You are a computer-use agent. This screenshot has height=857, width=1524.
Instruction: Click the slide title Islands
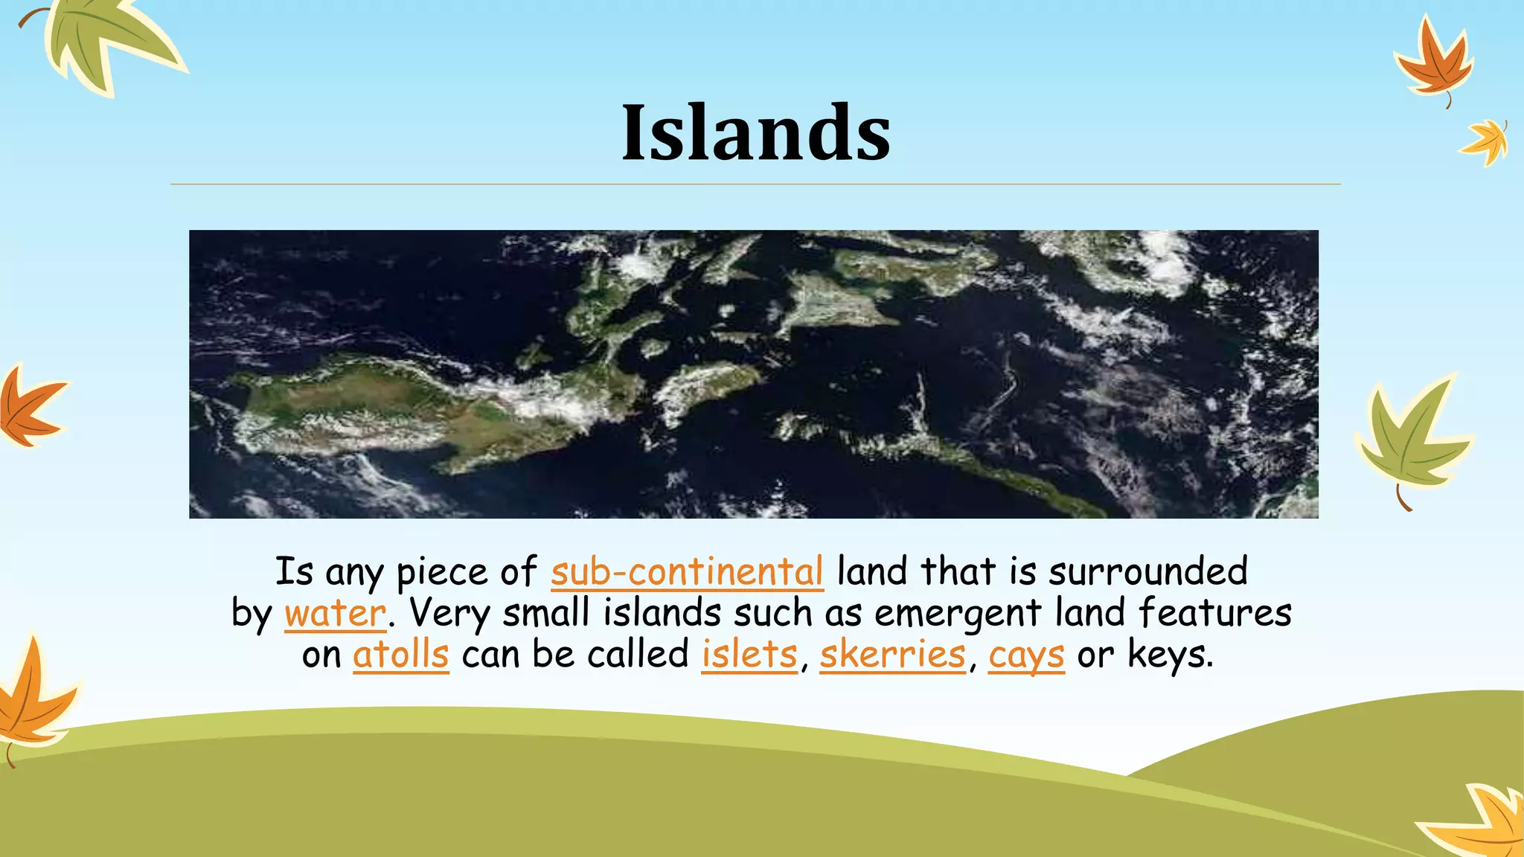[756, 132]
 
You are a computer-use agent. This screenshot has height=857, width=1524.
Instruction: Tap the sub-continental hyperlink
[687, 571]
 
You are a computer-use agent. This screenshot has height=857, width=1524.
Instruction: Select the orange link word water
[335, 613]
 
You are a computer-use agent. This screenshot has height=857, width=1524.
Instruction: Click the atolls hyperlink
[400, 655]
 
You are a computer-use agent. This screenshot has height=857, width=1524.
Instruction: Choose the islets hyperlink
[749, 655]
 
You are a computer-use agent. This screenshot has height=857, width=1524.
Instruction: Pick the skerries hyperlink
[892, 655]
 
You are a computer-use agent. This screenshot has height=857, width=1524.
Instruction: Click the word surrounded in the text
[1147, 571]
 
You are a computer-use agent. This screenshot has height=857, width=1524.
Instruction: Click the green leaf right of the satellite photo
[1410, 439]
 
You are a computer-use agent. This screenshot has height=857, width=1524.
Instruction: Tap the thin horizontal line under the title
[755, 184]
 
